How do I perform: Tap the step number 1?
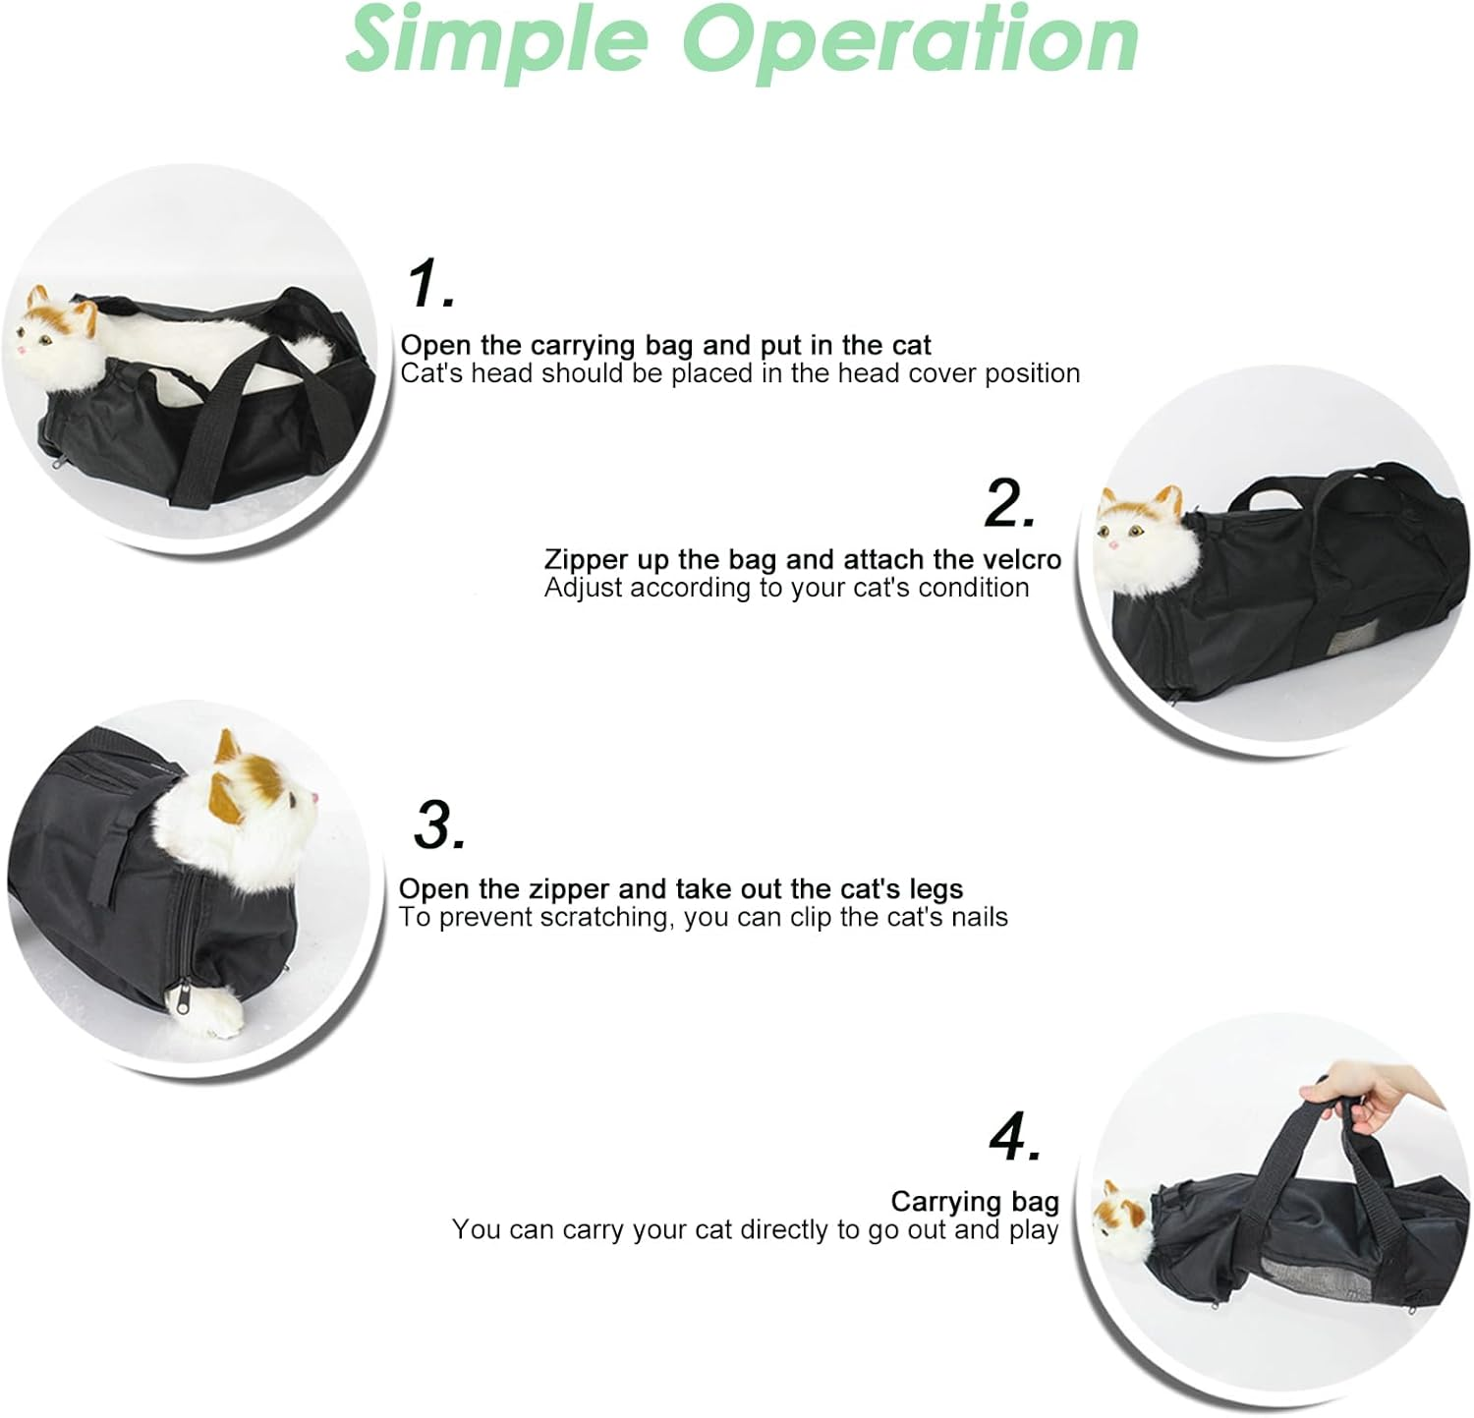[430, 285]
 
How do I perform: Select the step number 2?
[1009, 504]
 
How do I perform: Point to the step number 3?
[438, 825]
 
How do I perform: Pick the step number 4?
[1015, 1138]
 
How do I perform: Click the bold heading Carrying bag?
[974, 1202]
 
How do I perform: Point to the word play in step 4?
[1034, 1230]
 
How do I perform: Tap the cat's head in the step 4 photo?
[1123, 1213]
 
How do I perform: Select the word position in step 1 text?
[1032, 374]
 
